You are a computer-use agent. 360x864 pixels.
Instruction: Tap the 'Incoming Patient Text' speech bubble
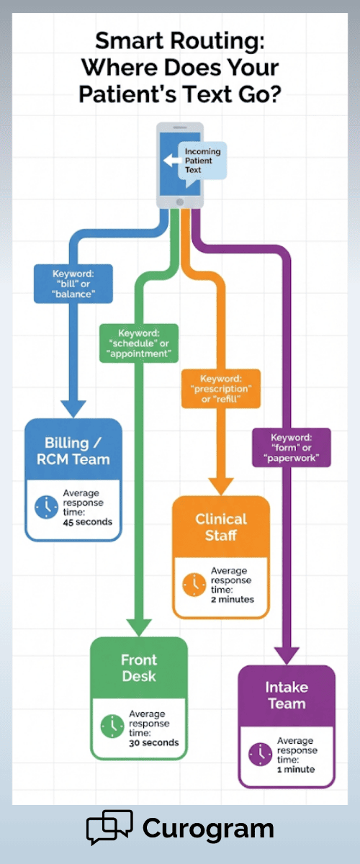click(203, 161)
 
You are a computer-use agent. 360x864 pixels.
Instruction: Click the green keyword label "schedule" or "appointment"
click(139, 343)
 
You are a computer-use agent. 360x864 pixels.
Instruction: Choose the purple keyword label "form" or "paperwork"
click(291, 448)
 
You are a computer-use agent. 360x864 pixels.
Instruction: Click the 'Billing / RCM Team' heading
click(73, 450)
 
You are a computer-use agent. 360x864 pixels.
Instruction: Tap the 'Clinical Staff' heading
click(220, 527)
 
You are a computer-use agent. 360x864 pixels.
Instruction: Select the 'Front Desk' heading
click(139, 668)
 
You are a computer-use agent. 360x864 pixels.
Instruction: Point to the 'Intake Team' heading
click(287, 696)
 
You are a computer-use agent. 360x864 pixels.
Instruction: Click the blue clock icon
click(47, 507)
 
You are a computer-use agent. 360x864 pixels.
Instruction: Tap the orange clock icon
click(194, 585)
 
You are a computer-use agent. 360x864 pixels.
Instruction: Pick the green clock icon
click(112, 726)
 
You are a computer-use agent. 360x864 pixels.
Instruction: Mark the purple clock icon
click(260, 754)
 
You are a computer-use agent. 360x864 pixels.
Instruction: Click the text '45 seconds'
click(88, 521)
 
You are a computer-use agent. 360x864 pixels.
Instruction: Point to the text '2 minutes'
click(233, 599)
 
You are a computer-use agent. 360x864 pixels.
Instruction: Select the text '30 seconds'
click(154, 742)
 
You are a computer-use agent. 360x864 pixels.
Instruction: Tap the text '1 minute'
click(296, 769)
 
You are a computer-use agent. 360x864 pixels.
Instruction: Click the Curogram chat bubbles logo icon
click(109, 827)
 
